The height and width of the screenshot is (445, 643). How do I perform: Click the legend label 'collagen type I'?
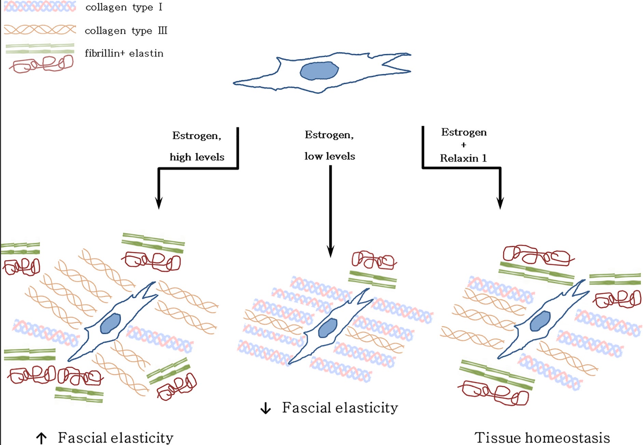click(x=124, y=8)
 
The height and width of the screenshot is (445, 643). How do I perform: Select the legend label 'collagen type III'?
click(x=126, y=31)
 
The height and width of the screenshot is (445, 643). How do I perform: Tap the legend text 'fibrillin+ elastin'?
click(x=124, y=53)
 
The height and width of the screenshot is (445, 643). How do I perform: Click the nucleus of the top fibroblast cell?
click(x=319, y=71)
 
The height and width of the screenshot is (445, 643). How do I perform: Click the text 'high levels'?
click(x=197, y=157)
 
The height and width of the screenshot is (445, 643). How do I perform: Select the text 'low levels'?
click(x=330, y=156)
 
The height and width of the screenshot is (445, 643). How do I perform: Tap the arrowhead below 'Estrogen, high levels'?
click(x=159, y=203)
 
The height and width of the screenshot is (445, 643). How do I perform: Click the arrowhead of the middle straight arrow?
click(x=330, y=251)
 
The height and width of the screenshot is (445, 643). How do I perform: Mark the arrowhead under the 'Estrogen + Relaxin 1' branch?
click(x=500, y=203)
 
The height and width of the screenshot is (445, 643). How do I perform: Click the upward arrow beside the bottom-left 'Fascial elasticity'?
click(x=41, y=438)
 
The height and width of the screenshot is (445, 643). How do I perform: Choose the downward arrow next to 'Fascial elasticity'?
click(x=265, y=408)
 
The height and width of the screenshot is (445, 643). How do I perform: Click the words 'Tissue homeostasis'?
click(x=542, y=438)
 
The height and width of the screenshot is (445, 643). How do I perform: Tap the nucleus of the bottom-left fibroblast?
click(x=110, y=323)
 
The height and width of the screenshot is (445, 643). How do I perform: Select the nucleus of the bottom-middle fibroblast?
click(x=328, y=328)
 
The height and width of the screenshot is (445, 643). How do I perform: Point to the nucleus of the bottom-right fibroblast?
click(x=540, y=321)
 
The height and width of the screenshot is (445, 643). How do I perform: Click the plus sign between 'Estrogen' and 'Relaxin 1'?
click(x=464, y=145)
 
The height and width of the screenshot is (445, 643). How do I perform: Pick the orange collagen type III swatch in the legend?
click(x=40, y=30)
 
